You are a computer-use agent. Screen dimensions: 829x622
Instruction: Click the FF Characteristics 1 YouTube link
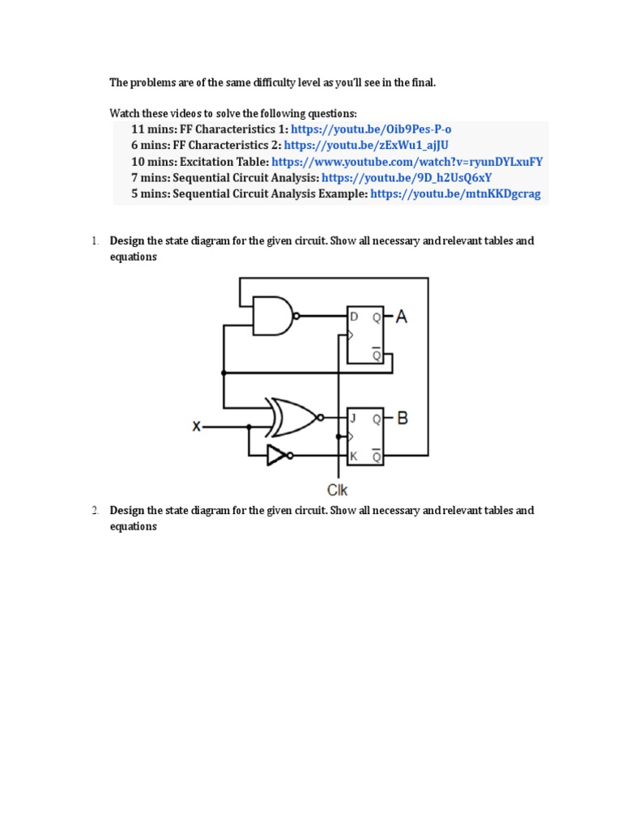371,130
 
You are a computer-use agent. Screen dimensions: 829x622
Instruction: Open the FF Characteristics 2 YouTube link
367,146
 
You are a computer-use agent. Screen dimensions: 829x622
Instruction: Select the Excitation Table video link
407,162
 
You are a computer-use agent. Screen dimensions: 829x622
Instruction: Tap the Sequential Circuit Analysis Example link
455,194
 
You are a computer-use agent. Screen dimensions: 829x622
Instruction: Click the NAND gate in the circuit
273,316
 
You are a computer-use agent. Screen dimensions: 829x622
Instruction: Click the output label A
401,317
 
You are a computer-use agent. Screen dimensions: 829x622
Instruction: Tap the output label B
402,419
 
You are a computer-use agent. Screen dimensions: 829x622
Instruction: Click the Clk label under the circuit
338,489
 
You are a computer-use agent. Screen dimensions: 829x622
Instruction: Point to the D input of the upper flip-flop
353,317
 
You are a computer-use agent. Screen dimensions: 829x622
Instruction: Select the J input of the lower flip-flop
353,419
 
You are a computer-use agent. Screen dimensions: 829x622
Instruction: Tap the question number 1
95,241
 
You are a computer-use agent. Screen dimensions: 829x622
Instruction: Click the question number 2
95,511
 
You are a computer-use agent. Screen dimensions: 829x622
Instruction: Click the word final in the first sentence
422,83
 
